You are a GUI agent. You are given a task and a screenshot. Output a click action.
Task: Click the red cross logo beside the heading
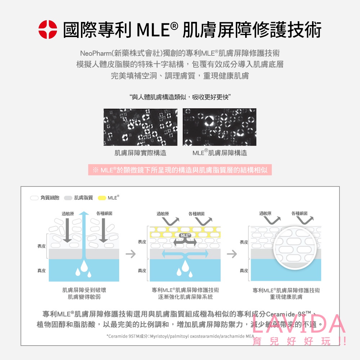click(48, 30)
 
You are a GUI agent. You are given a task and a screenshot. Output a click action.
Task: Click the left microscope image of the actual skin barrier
click(140, 127)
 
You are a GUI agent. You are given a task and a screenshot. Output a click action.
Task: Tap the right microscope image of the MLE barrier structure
click(220, 127)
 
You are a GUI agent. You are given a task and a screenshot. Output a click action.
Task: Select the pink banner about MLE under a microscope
click(180, 170)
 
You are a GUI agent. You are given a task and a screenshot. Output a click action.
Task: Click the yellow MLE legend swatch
click(102, 198)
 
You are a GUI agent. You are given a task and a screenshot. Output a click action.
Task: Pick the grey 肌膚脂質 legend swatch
click(68, 198)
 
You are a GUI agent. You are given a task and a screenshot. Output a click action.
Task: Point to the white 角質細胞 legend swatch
click(34, 198)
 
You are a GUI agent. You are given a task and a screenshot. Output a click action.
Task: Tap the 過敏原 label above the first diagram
click(68, 213)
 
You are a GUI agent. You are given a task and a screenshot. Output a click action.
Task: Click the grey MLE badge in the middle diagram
click(185, 235)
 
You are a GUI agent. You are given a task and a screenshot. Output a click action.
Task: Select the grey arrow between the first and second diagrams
click(131, 254)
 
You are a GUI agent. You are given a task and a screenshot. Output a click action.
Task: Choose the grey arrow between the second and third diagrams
click(231, 254)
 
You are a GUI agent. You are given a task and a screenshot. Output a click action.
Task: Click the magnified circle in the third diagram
click(295, 248)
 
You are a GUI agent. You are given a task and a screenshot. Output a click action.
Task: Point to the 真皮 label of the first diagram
click(41, 271)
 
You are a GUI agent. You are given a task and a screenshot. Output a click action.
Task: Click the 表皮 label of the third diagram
click(244, 242)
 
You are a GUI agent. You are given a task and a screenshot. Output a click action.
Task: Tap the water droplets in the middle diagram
click(185, 268)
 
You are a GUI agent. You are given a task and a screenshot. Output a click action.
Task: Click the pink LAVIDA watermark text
click(298, 324)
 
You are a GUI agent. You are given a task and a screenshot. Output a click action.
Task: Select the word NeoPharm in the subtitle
click(95, 53)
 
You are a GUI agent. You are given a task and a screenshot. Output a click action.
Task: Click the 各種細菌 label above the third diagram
click(300, 213)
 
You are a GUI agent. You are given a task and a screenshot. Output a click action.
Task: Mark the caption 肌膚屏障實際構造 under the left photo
click(140, 153)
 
